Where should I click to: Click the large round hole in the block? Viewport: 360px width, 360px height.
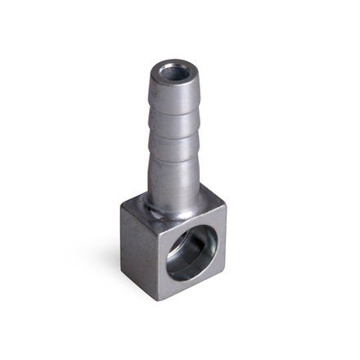(193, 253)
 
